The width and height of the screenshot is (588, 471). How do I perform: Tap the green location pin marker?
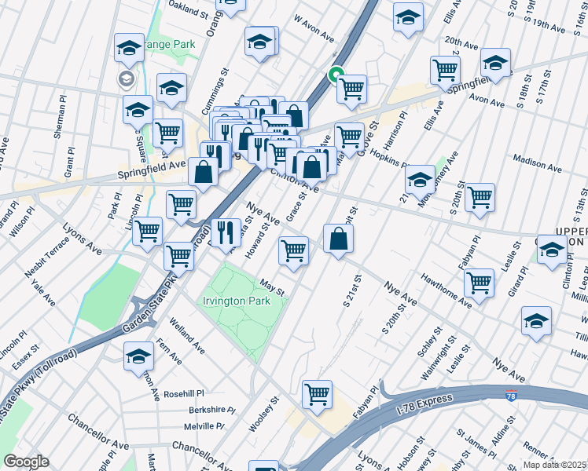(336, 75)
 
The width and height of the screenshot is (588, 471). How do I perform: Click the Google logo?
(26, 462)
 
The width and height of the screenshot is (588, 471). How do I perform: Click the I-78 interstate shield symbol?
(512, 399)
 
